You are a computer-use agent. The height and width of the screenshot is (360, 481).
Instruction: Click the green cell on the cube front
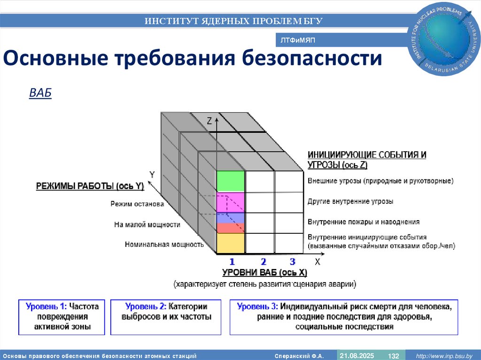(231, 182)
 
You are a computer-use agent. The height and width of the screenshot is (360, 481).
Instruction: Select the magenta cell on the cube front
(231, 202)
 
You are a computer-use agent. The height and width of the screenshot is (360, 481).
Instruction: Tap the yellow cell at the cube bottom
(231, 244)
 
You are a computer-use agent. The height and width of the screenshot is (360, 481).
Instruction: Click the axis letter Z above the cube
(209, 121)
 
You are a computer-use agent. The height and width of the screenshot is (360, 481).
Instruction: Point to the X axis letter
(317, 262)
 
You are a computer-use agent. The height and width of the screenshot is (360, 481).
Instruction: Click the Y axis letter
(152, 175)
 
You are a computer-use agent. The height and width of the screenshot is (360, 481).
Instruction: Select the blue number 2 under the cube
(264, 262)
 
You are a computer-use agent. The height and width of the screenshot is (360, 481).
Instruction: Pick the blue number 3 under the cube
(292, 262)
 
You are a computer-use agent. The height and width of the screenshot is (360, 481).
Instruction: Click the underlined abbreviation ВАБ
(40, 93)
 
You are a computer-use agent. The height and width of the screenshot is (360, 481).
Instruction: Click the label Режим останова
(137, 204)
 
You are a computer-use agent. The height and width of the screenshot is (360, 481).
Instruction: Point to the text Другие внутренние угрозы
(350, 201)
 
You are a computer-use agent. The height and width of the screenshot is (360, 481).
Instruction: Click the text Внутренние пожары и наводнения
(364, 222)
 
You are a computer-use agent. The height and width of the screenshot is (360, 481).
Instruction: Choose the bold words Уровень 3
(257, 306)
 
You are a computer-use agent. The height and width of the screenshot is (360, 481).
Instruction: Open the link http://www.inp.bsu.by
(444, 356)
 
